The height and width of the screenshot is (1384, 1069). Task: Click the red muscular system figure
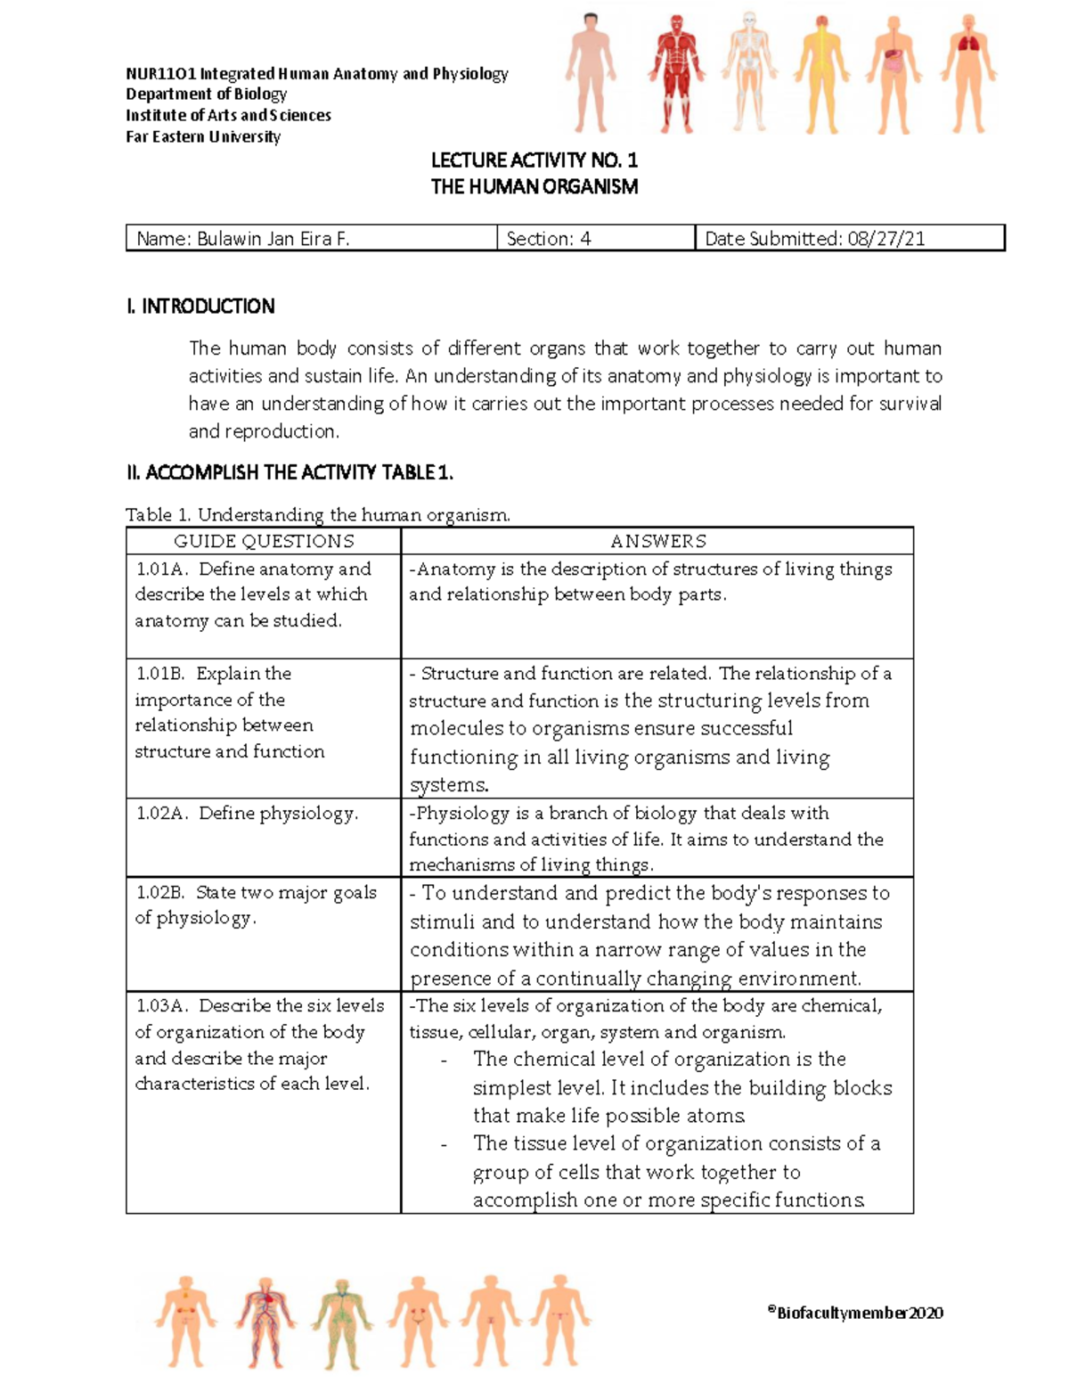click(x=676, y=73)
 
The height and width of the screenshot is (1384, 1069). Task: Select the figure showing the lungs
click(x=967, y=73)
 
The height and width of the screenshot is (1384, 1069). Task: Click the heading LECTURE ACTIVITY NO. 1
click(x=534, y=160)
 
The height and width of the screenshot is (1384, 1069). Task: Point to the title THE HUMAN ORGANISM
click(x=534, y=187)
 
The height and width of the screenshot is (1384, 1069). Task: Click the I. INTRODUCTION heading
click(x=200, y=307)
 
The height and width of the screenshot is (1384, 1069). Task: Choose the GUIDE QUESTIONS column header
click(x=264, y=541)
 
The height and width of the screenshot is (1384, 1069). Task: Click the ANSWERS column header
click(x=657, y=541)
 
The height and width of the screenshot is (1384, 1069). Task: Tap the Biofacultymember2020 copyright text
click(x=854, y=1312)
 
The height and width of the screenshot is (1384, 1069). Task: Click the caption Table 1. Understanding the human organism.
click(x=318, y=514)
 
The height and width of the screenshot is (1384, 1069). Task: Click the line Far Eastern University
click(x=203, y=137)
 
